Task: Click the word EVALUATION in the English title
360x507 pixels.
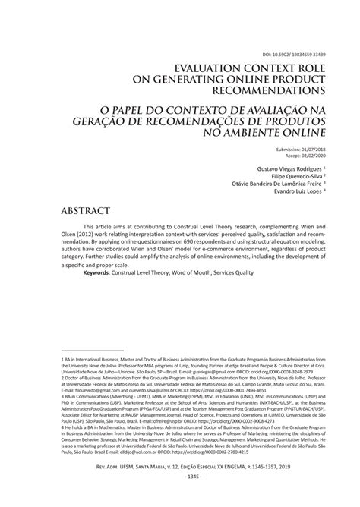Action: click(209, 68)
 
